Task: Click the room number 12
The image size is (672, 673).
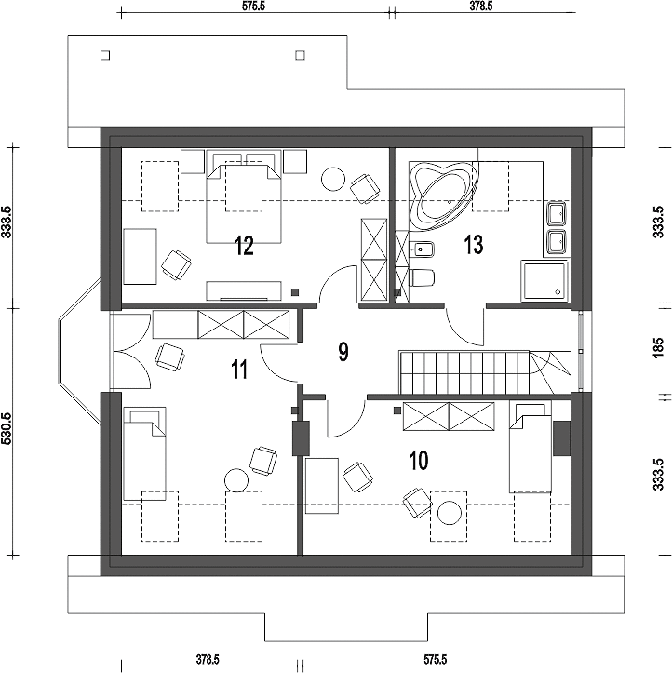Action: pyautogui.click(x=244, y=246)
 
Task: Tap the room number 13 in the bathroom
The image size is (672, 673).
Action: pyautogui.click(x=474, y=245)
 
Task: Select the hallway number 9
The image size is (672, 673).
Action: pyautogui.click(x=343, y=352)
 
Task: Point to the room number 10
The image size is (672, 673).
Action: pyautogui.click(x=419, y=461)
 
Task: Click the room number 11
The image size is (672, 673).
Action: pyautogui.click(x=239, y=370)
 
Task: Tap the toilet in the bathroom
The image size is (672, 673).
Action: pyautogui.click(x=423, y=277)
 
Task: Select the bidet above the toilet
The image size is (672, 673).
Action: pyautogui.click(x=423, y=249)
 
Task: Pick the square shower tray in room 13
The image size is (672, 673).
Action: pyautogui.click(x=544, y=280)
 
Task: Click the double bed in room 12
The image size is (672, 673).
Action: pyautogui.click(x=244, y=196)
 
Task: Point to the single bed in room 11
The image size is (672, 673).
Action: pyautogui.click(x=144, y=453)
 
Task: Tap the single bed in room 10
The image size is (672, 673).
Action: pyautogui.click(x=530, y=447)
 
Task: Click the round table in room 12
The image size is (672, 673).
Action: pyautogui.click(x=333, y=179)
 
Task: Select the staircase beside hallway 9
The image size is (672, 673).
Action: pyautogui.click(x=485, y=372)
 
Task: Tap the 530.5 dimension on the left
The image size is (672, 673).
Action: pyautogui.click(x=7, y=430)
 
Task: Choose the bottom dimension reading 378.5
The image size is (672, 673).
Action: pyautogui.click(x=208, y=658)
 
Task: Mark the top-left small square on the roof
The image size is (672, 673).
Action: pyautogui.click(x=105, y=55)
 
